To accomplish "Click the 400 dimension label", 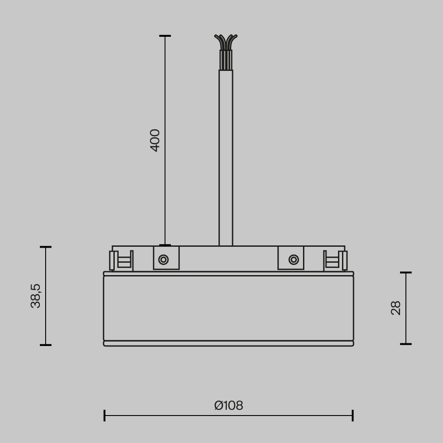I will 155,140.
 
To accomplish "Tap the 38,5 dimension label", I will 36,296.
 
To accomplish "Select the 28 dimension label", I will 396,308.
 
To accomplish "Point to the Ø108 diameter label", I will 229,406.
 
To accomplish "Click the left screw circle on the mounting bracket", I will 163,260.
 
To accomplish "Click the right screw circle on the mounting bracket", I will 293,260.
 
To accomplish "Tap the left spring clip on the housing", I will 121,260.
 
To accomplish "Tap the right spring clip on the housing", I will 335,260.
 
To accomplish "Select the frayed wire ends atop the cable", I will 226,42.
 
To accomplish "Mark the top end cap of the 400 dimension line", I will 165,36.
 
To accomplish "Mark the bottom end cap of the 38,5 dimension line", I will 46,345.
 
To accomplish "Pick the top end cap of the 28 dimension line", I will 406,273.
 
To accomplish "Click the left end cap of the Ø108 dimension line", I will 105,416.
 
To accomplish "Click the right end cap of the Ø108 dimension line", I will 353,416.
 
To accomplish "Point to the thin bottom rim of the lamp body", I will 229,343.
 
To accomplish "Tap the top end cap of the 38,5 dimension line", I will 46,247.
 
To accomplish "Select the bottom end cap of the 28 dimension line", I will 406,344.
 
